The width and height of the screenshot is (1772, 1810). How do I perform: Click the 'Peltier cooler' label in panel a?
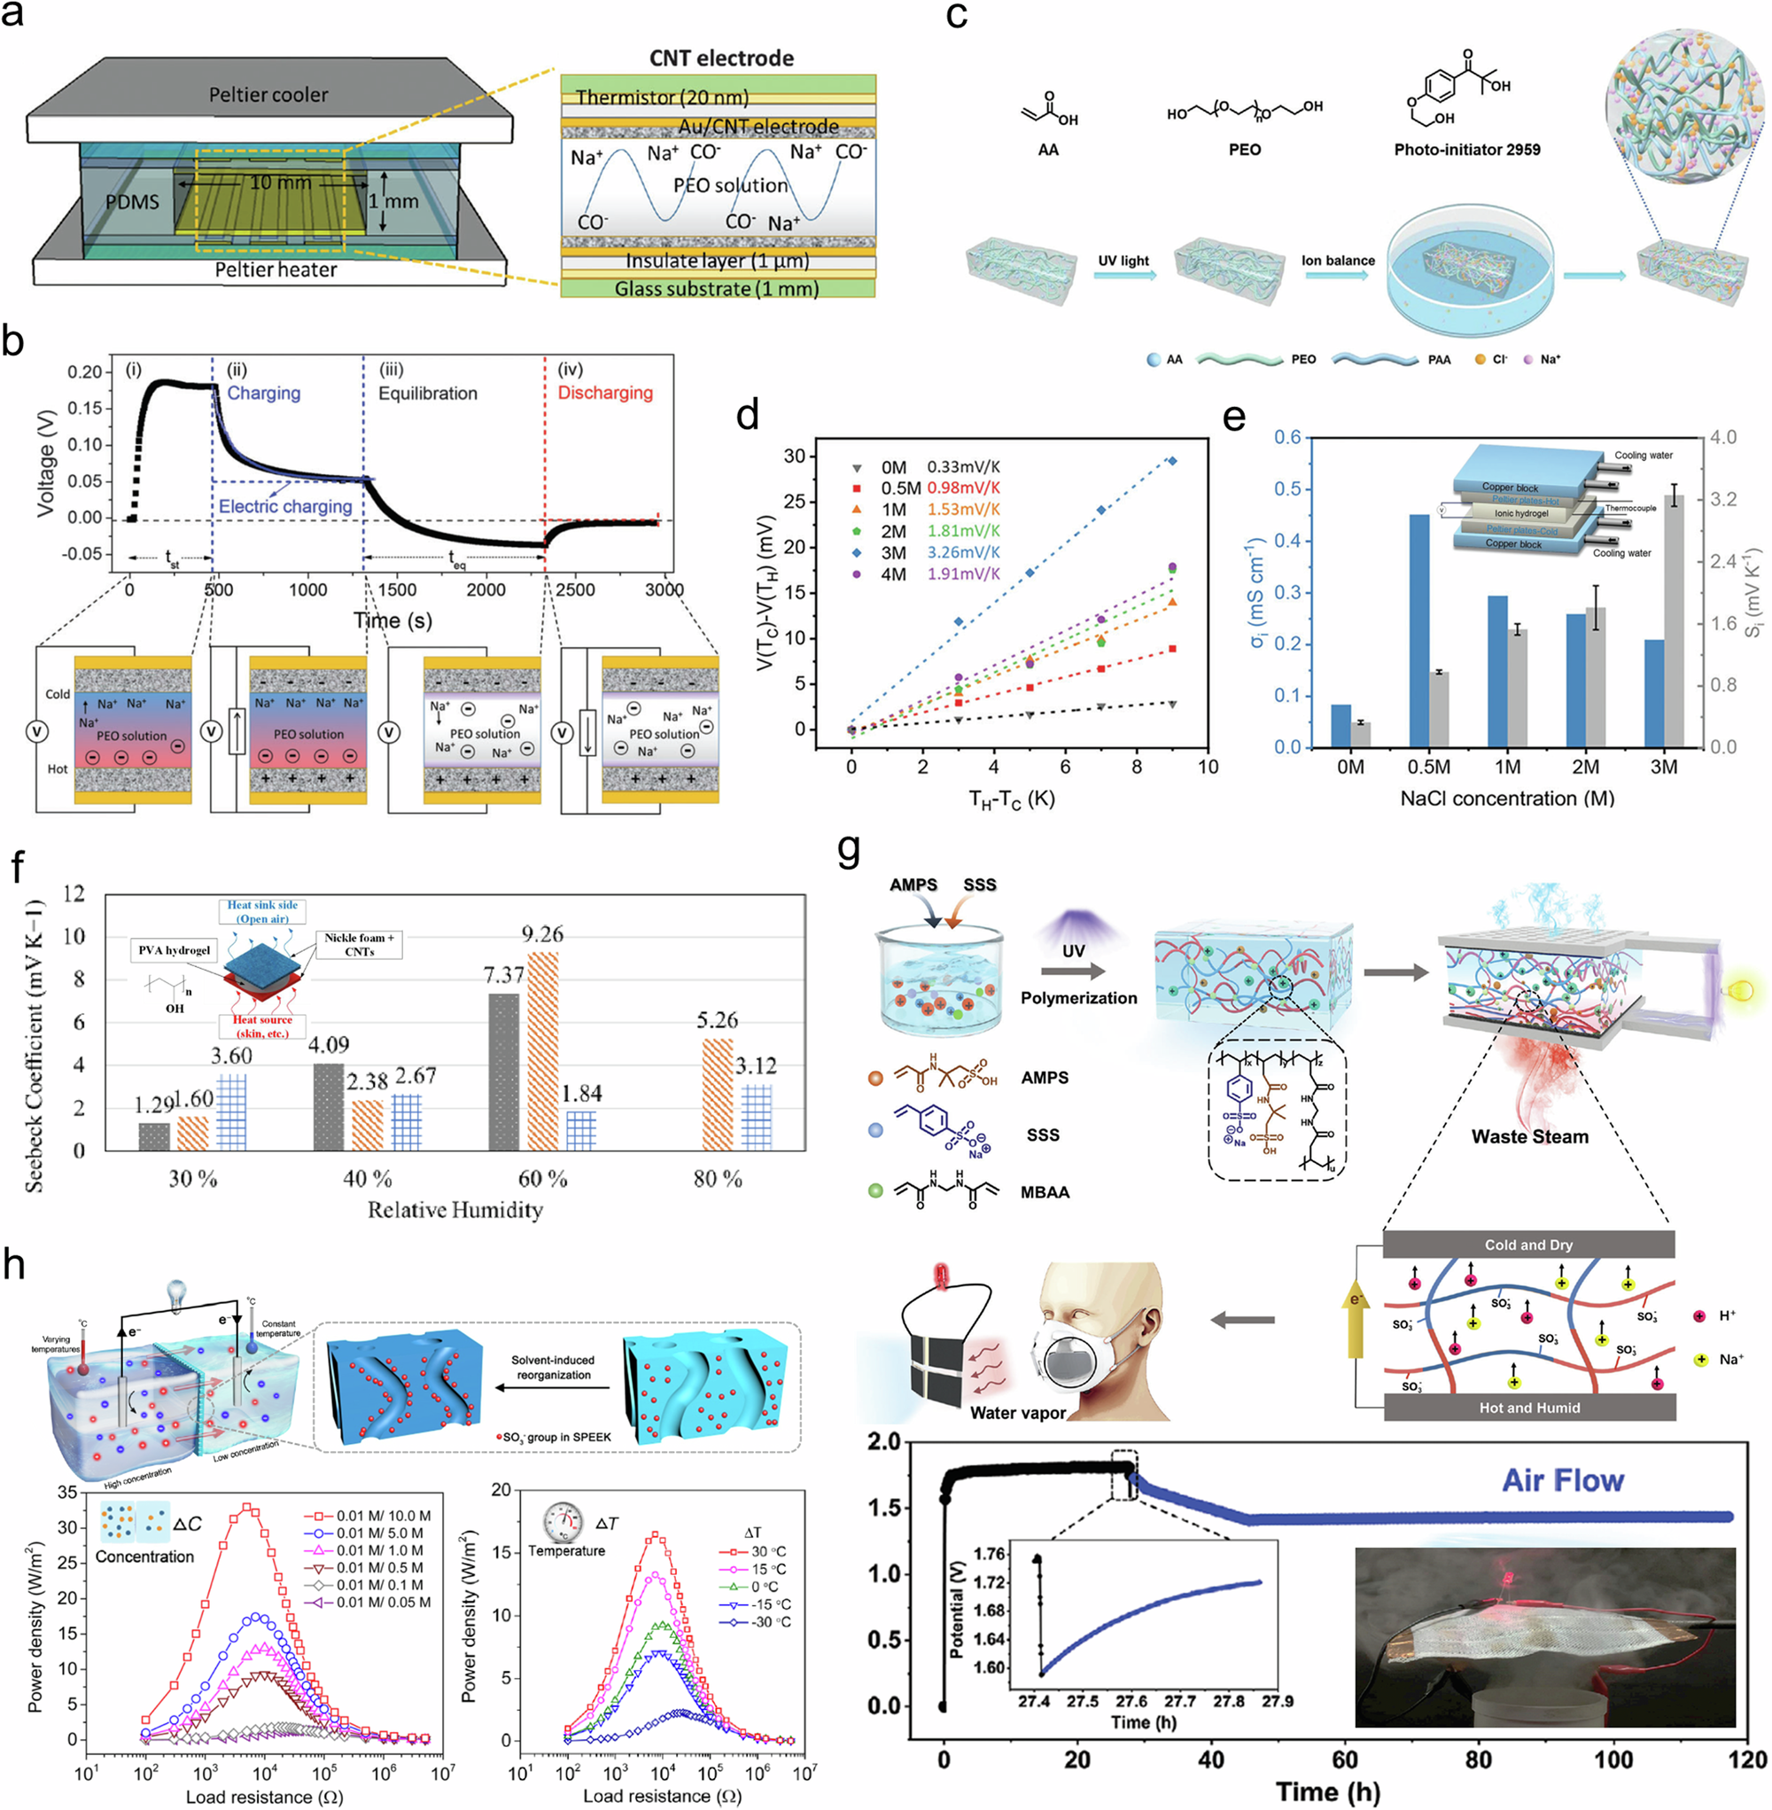268,95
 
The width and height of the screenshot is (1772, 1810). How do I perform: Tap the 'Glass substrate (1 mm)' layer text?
716,289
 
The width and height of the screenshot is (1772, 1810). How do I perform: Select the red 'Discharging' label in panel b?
605,393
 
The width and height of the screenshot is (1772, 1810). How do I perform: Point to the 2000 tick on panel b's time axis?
486,589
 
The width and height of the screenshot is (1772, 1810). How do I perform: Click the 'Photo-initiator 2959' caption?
1466,150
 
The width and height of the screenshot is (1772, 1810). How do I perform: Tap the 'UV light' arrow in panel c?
1124,274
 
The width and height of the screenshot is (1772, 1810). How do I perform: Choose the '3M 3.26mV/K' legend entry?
940,552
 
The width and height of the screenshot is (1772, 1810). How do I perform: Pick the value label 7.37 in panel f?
503,975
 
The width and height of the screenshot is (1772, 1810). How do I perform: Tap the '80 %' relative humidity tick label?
718,1180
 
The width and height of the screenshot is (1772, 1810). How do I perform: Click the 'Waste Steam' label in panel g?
1529,1137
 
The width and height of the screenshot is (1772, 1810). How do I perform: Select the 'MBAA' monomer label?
1045,1193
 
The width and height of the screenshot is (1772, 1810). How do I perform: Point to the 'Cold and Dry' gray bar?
1528,1244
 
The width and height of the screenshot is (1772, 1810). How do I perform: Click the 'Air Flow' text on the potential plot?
1563,1480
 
